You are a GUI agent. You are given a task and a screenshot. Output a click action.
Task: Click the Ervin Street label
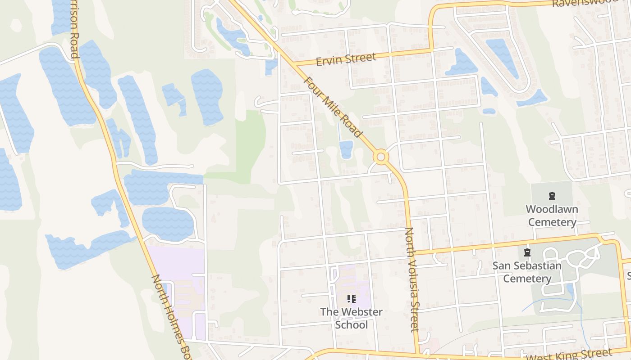346,59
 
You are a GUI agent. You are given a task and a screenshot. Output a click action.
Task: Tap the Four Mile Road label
333,108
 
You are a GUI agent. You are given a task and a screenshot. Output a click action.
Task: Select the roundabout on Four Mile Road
381,157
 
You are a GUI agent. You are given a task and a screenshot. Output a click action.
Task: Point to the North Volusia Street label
412,279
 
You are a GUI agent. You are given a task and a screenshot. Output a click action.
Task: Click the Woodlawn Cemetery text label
552,216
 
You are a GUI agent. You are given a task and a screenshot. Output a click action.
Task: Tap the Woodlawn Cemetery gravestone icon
552,196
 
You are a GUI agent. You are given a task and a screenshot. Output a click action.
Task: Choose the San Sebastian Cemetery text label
527,272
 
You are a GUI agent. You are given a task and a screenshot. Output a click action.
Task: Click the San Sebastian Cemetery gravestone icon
527,252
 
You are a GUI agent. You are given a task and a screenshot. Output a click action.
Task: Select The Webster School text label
351,318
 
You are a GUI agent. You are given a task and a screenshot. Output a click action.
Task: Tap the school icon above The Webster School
352,299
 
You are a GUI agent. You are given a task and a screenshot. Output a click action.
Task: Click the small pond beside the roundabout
346,149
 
